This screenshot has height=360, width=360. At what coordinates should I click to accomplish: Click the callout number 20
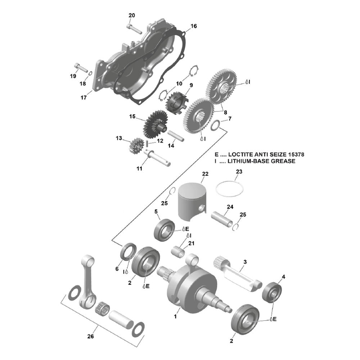(x=132, y=15)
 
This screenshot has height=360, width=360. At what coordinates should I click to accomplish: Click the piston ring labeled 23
(x=230, y=188)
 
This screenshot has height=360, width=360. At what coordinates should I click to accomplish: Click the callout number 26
(x=90, y=337)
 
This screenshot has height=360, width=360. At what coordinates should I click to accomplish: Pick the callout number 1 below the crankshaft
(x=175, y=317)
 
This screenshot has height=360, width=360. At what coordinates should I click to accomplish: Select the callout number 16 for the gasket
(x=194, y=26)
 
